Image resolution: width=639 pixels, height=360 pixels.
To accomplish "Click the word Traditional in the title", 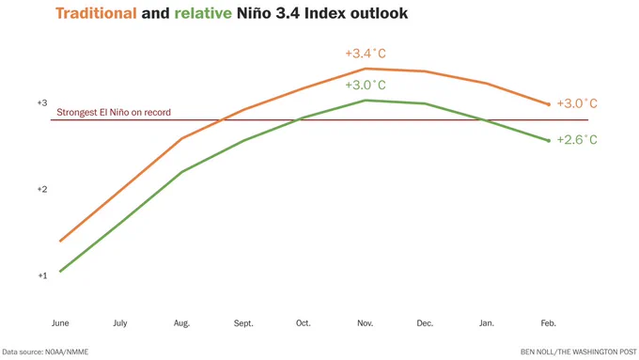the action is click(96, 13).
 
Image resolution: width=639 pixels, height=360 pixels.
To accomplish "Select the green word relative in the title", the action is click(203, 13).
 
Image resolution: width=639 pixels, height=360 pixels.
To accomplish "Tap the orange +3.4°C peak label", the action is click(366, 54).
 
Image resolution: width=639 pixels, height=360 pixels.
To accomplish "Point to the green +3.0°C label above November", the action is click(366, 85).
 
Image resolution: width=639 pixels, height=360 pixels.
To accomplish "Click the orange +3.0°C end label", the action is click(577, 103).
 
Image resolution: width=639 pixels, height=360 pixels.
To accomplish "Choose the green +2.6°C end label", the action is click(577, 140).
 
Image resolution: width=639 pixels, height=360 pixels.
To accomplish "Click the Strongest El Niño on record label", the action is click(114, 112).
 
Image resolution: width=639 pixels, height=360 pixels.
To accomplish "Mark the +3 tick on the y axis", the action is click(42, 102).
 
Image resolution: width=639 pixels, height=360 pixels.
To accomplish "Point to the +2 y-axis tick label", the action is click(42, 189).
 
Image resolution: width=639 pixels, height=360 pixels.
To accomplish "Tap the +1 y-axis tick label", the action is click(42, 275).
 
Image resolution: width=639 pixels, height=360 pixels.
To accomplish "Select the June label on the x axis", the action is click(60, 323).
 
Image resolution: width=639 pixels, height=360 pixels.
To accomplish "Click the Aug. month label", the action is click(181, 323).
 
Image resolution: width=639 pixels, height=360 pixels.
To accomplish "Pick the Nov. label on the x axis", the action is click(366, 323).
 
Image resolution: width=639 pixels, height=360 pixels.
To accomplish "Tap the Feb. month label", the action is click(548, 323).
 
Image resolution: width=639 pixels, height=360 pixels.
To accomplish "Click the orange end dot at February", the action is click(549, 104).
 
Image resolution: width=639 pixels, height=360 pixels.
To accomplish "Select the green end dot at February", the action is click(549, 141).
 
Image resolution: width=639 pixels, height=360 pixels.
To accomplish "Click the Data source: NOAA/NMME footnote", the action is click(45, 352).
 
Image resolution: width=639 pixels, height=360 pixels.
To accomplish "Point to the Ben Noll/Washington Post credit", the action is click(578, 352).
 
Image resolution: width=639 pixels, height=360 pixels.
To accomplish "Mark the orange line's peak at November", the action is click(366, 69).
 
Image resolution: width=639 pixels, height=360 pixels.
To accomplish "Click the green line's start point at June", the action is click(60, 271).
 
